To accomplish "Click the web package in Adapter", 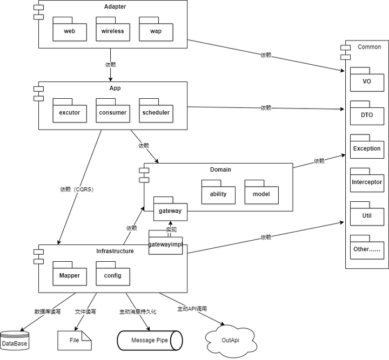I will (69, 31).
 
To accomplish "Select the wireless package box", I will (112, 31).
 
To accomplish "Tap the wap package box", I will (156, 31).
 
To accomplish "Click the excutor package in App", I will (69, 113).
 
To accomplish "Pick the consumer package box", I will (112, 113).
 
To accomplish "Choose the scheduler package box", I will (156, 113).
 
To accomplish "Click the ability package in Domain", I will (218, 194).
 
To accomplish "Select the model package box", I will (261, 194).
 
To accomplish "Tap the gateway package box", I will (170, 210).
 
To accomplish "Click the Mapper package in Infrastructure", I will (69, 276).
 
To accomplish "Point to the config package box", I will (112, 276).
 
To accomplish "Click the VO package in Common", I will (367, 81).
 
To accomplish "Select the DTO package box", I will (367, 115).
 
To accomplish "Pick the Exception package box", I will (367, 148).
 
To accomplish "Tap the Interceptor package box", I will (367, 182).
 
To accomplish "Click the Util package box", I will (367, 215).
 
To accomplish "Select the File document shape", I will (75, 341).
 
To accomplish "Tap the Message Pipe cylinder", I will (149, 341).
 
